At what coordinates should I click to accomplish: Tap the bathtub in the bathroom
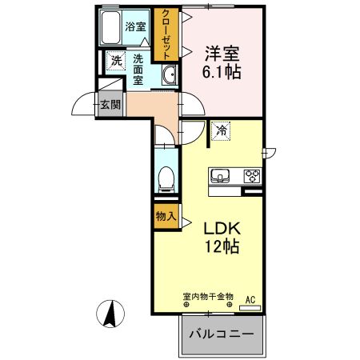click(x=113, y=29)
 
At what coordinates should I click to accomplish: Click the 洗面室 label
click(x=138, y=69)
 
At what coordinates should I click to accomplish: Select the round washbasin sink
click(x=170, y=76)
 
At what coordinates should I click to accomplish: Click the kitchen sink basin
click(x=221, y=175)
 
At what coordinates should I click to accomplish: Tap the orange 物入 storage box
click(x=165, y=215)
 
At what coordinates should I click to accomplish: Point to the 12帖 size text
click(x=222, y=248)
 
